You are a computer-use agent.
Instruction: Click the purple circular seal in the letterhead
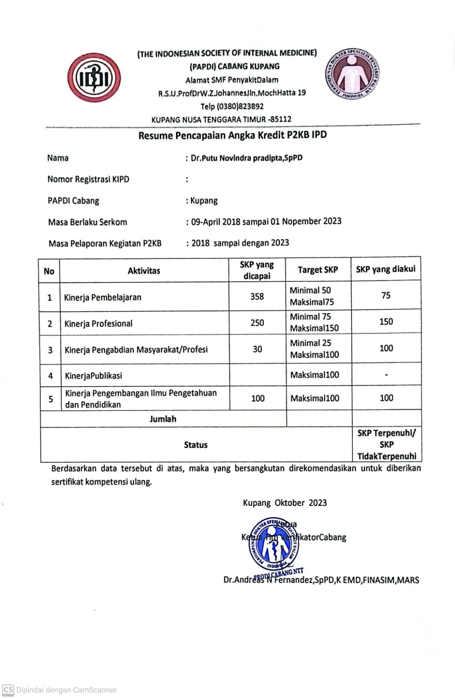(x=352, y=73)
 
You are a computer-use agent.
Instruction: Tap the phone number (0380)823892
(x=232, y=106)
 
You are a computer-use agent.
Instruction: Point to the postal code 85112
(x=281, y=119)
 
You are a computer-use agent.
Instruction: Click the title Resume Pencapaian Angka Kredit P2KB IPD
(x=233, y=135)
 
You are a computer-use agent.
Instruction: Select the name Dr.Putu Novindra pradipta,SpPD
(x=247, y=158)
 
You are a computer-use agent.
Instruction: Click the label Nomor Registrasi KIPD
(x=88, y=179)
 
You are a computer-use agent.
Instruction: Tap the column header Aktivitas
(x=144, y=271)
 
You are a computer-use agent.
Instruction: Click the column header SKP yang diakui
(x=386, y=269)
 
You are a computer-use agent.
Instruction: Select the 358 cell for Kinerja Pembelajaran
(x=257, y=296)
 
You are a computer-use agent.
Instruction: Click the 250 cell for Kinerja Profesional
(x=257, y=323)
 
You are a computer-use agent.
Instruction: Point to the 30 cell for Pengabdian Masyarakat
(x=257, y=349)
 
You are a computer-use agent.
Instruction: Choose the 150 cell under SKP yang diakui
(x=386, y=322)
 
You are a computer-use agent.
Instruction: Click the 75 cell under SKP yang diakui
(x=386, y=295)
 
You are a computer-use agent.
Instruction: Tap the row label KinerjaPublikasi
(x=94, y=376)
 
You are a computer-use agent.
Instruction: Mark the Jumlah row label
(x=163, y=419)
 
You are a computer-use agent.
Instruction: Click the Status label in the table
(x=195, y=445)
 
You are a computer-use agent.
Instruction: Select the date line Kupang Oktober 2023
(x=285, y=503)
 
